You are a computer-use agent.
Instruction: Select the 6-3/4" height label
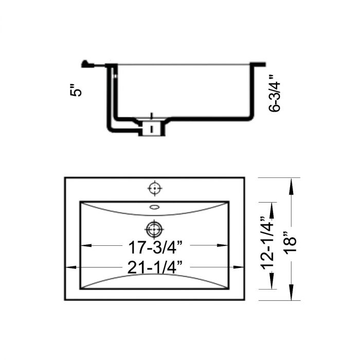[x=276, y=93]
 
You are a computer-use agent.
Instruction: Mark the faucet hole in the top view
[x=153, y=189]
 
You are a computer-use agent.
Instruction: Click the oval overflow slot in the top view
[x=154, y=207]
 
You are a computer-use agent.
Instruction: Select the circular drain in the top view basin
[x=153, y=227]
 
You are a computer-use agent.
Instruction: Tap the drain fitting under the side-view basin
[x=151, y=127]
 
